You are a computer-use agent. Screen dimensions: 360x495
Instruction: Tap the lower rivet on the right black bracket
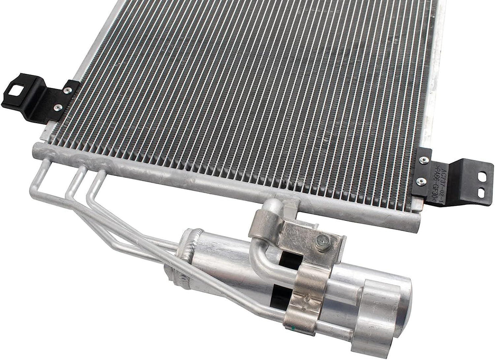point(421,181)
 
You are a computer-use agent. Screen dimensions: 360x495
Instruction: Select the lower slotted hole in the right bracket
point(481,192)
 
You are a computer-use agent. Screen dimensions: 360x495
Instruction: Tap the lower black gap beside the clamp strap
point(280,295)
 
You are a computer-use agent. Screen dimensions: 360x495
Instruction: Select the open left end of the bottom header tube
point(36,150)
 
